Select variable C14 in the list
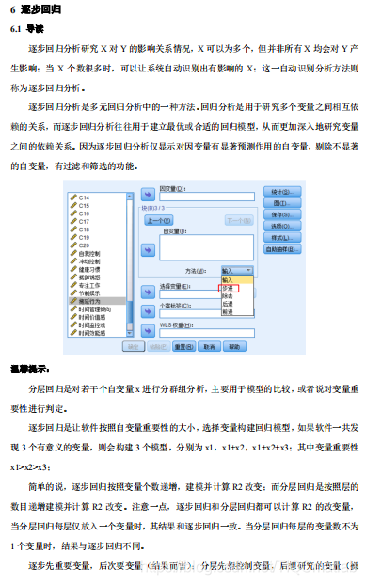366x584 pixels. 84,196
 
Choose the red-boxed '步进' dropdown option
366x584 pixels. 231,287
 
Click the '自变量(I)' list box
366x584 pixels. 205,246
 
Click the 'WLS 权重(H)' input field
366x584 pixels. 205,332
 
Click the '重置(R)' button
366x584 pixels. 185,346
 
